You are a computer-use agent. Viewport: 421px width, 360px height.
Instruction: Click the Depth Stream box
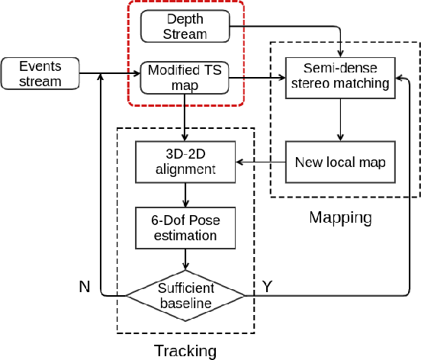click(185, 26)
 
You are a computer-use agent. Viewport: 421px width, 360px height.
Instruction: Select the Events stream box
click(41, 73)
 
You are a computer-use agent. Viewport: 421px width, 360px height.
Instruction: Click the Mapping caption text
click(340, 218)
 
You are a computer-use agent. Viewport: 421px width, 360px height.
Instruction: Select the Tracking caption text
click(185, 351)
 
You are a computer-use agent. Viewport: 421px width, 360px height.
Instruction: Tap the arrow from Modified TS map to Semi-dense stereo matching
click(256, 76)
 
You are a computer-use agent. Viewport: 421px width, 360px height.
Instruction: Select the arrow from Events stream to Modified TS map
click(111, 74)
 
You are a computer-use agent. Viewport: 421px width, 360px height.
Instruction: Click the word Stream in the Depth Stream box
click(185, 34)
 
